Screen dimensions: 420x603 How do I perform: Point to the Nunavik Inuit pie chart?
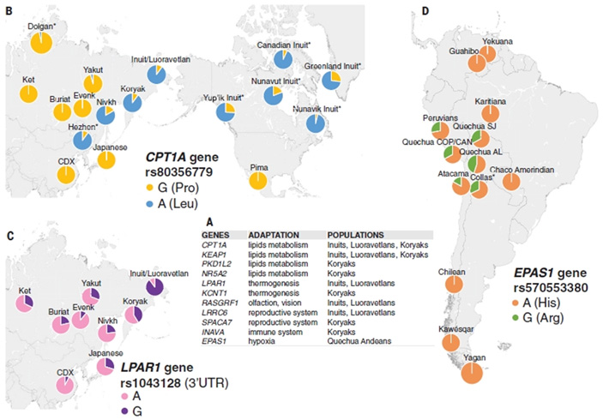pyautogui.click(x=316, y=125)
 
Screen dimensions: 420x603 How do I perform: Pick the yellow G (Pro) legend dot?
pyautogui.click(x=150, y=187)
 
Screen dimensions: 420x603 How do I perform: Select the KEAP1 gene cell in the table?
pyautogui.click(x=215, y=255)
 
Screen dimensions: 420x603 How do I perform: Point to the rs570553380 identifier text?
pyautogui.click(x=548, y=289)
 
